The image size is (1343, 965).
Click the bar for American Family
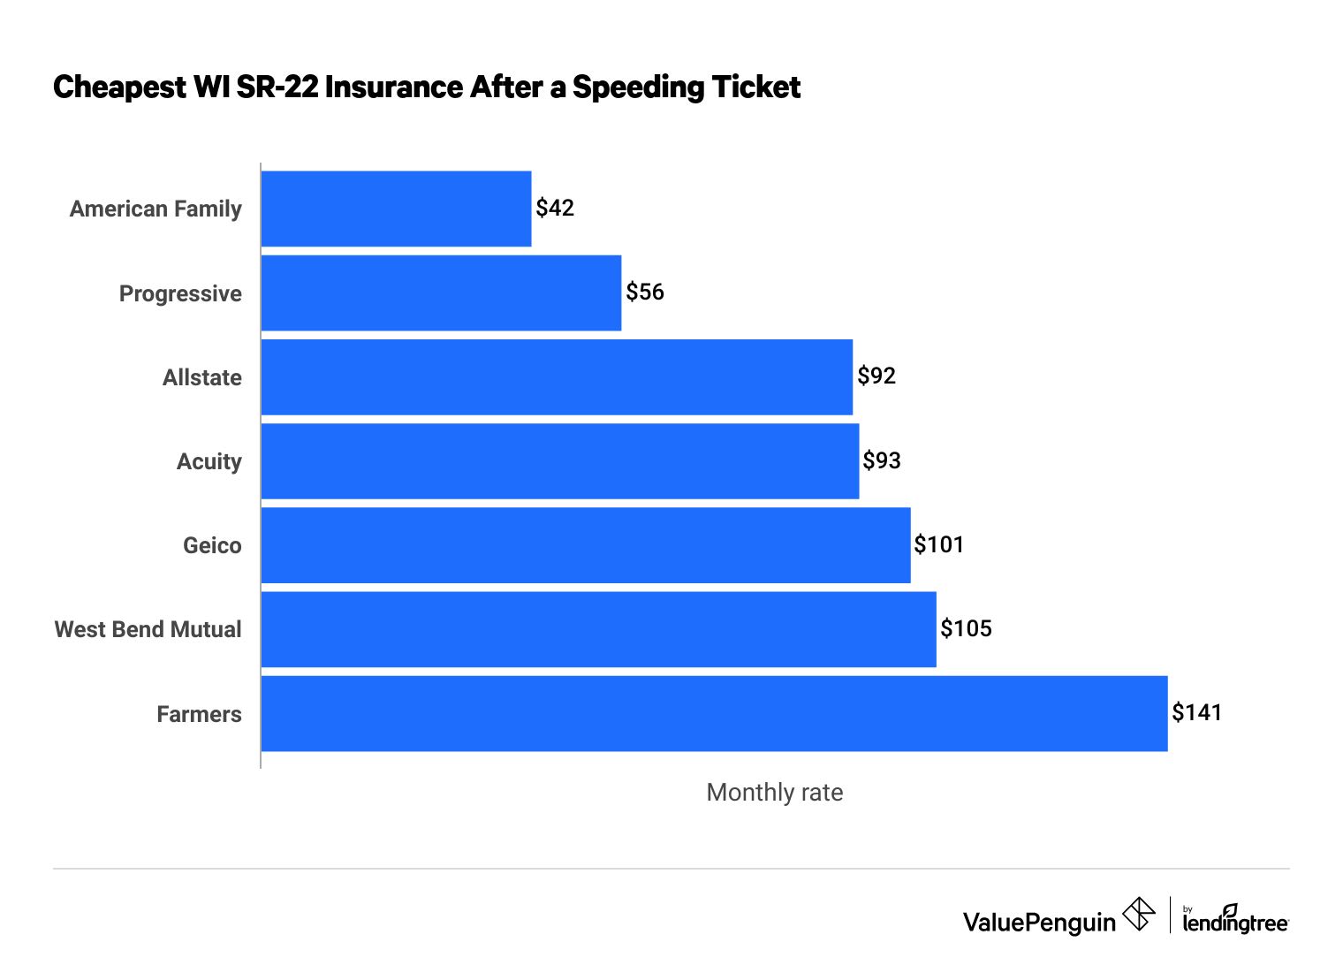click(x=396, y=209)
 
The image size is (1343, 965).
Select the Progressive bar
click(x=441, y=293)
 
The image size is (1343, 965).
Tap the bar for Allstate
click(x=557, y=377)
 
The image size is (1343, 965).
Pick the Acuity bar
click(x=560, y=461)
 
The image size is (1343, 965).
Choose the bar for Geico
click(x=586, y=545)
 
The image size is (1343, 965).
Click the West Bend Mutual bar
click(x=598, y=629)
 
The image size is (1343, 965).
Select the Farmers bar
click(x=714, y=714)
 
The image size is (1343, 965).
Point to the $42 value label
click(x=555, y=209)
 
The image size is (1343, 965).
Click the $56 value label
click(x=645, y=293)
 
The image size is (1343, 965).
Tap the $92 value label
click(x=876, y=376)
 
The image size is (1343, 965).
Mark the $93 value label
click(x=882, y=461)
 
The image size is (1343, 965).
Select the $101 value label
click(x=938, y=545)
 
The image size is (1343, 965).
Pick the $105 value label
click(x=966, y=629)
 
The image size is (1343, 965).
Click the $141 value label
click(x=1196, y=713)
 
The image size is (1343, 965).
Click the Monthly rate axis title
click(x=774, y=793)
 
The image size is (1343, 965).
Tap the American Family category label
click(x=156, y=209)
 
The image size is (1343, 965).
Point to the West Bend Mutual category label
click(x=148, y=630)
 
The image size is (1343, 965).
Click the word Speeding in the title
click(x=627, y=87)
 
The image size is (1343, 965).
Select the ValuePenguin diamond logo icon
click(x=1139, y=915)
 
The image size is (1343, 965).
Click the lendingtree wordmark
click(x=1235, y=921)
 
